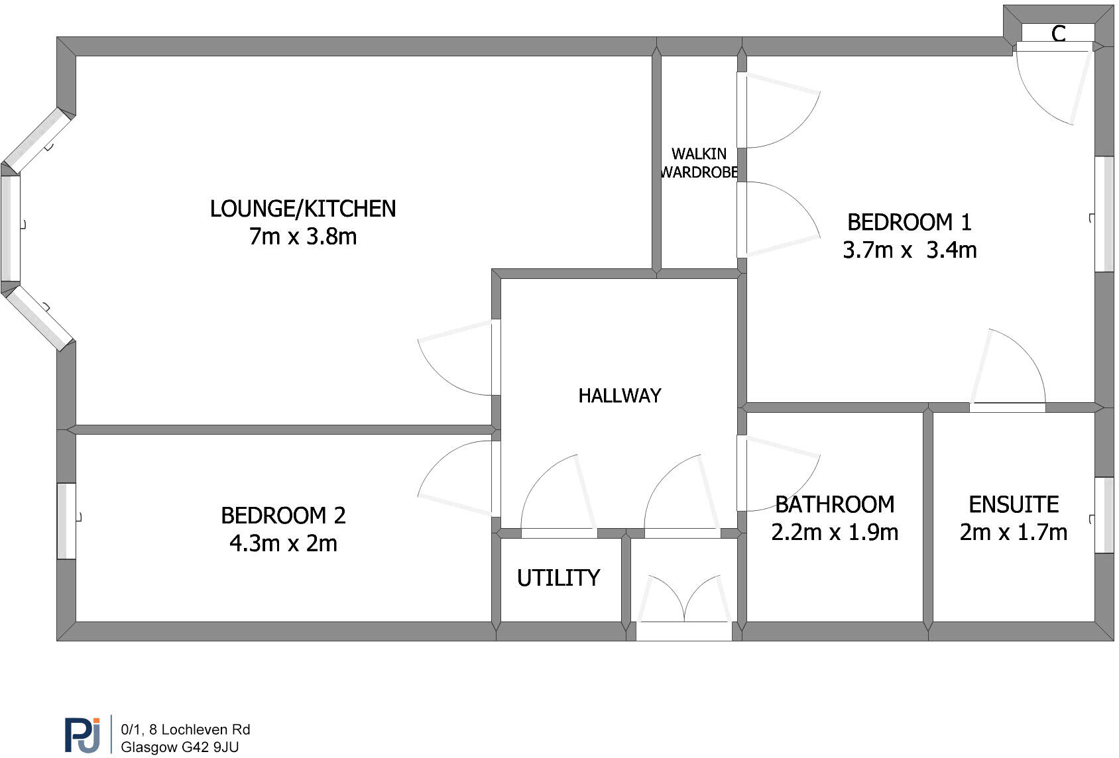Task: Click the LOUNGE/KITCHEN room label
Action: click(303, 209)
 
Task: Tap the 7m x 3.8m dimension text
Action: click(303, 237)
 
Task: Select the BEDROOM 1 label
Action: click(910, 222)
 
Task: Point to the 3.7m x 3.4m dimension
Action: click(910, 250)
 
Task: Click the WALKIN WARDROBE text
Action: click(699, 163)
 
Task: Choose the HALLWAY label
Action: click(619, 396)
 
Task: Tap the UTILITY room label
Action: click(558, 578)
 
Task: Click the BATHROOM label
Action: click(835, 505)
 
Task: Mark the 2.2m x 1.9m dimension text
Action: click(835, 532)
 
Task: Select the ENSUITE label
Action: click(1014, 505)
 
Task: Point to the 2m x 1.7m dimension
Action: click(1014, 532)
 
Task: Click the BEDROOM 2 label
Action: click(283, 515)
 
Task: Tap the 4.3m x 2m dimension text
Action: click(283, 543)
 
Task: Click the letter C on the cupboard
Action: click(1059, 33)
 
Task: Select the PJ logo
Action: click(83, 734)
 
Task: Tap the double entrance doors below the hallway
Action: click(683, 603)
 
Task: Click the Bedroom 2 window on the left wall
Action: click(66, 521)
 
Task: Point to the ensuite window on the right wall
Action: click(1104, 515)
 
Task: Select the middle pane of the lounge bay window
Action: click(11, 228)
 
